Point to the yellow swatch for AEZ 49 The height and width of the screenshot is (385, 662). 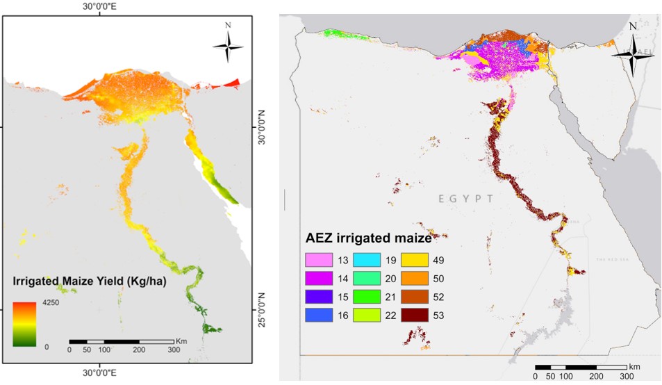415,261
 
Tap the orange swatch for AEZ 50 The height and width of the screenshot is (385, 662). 415,279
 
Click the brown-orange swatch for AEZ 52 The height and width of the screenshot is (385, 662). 415,297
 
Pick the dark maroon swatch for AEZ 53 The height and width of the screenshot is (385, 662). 415,315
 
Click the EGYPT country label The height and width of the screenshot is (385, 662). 465,199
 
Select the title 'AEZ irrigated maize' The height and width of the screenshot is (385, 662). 369,238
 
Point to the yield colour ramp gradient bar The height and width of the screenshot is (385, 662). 24,324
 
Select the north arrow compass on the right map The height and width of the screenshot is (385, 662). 631,51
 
